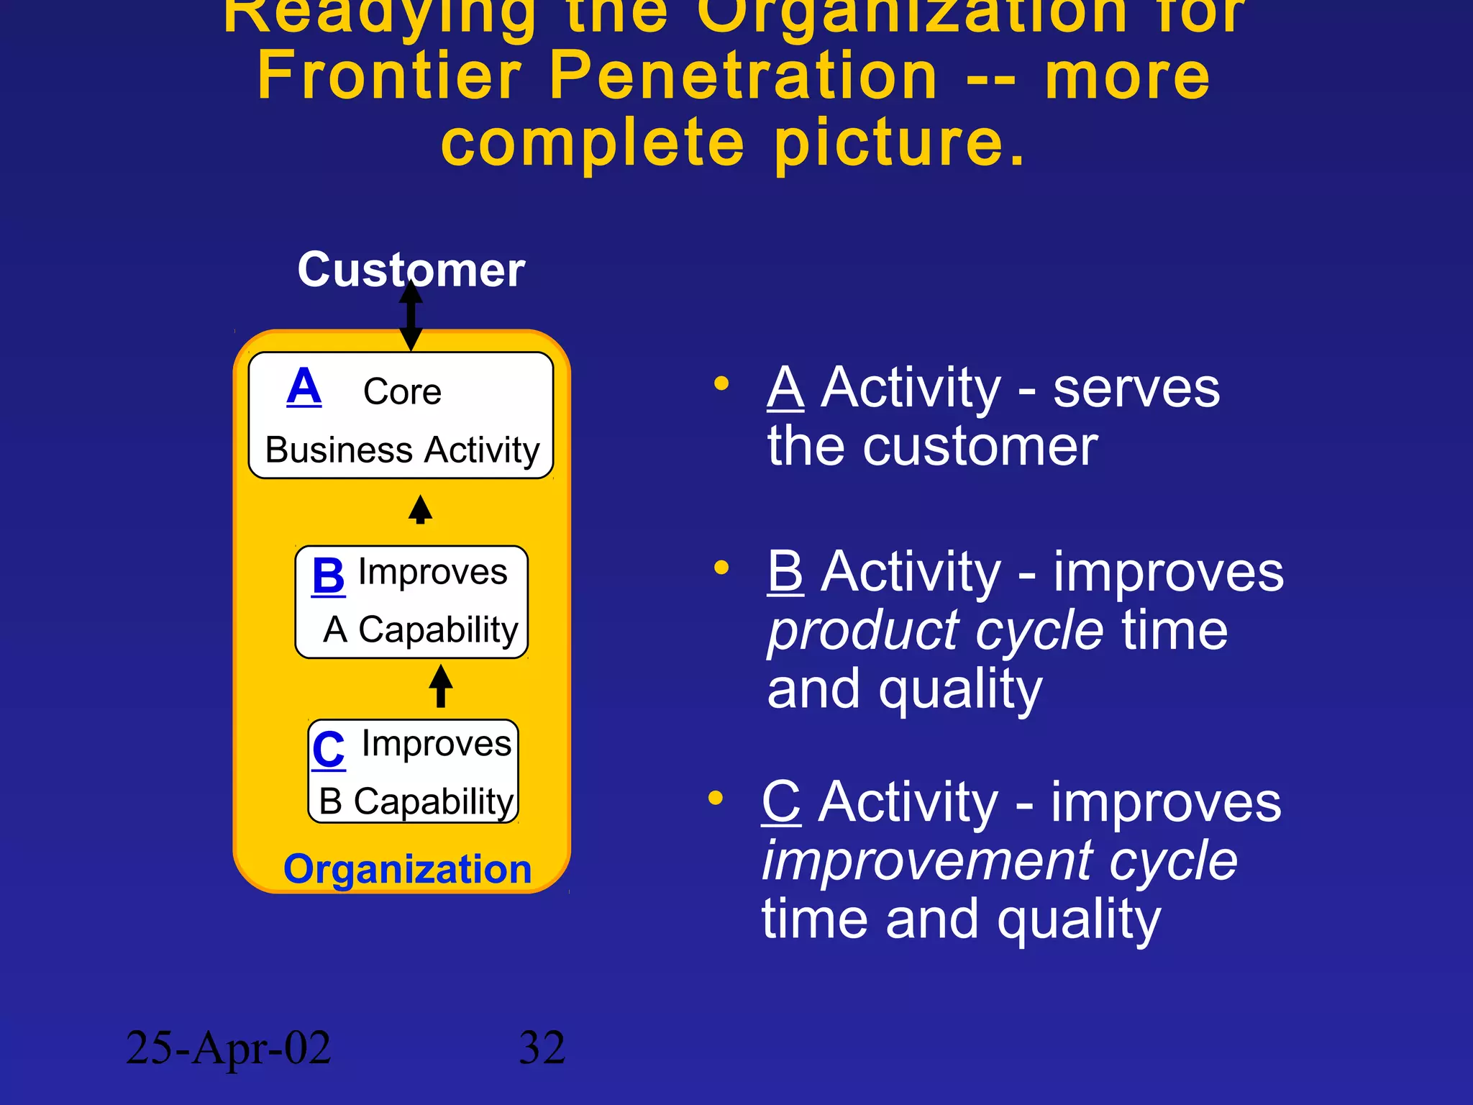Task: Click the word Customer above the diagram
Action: pos(411,270)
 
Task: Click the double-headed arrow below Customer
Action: pos(411,317)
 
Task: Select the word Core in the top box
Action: pos(402,392)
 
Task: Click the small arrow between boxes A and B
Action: pos(420,509)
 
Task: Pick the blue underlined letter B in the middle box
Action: pos(328,576)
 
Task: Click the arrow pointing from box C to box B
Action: pos(441,686)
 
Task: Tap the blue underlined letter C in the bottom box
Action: pos(328,750)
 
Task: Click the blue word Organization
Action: pos(407,869)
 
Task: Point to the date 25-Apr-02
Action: pos(228,1047)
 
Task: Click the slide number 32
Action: pos(542,1047)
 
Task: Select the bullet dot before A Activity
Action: pos(721,383)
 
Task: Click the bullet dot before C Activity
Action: pos(715,798)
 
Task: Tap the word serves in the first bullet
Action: pos(1136,388)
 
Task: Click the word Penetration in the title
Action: pos(743,76)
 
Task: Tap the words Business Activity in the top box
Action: pos(402,450)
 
